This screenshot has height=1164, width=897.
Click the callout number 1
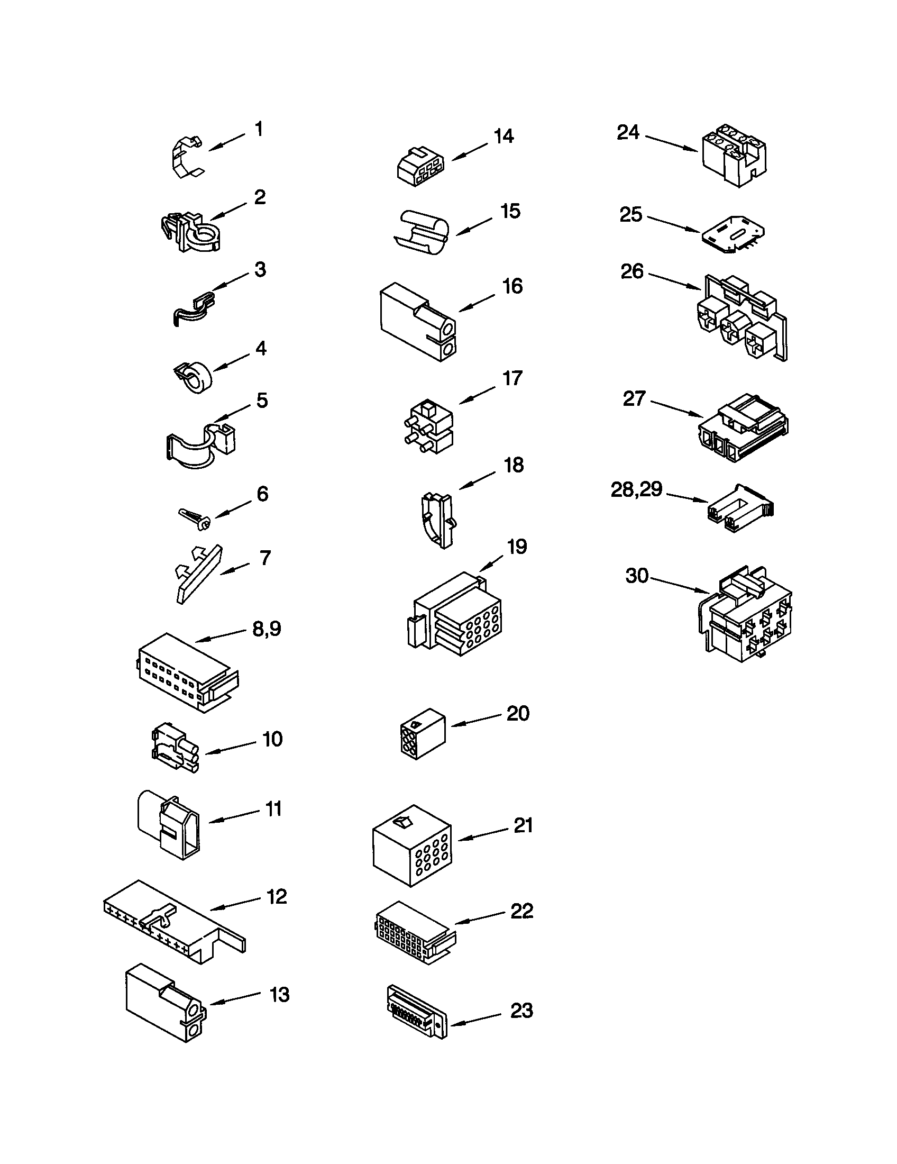[259, 129]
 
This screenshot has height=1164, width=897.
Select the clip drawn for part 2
[190, 232]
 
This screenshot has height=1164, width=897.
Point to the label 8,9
[267, 629]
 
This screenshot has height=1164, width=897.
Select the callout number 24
[628, 132]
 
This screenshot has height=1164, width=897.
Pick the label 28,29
[637, 489]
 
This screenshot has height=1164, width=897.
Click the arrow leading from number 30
[679, 585]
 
